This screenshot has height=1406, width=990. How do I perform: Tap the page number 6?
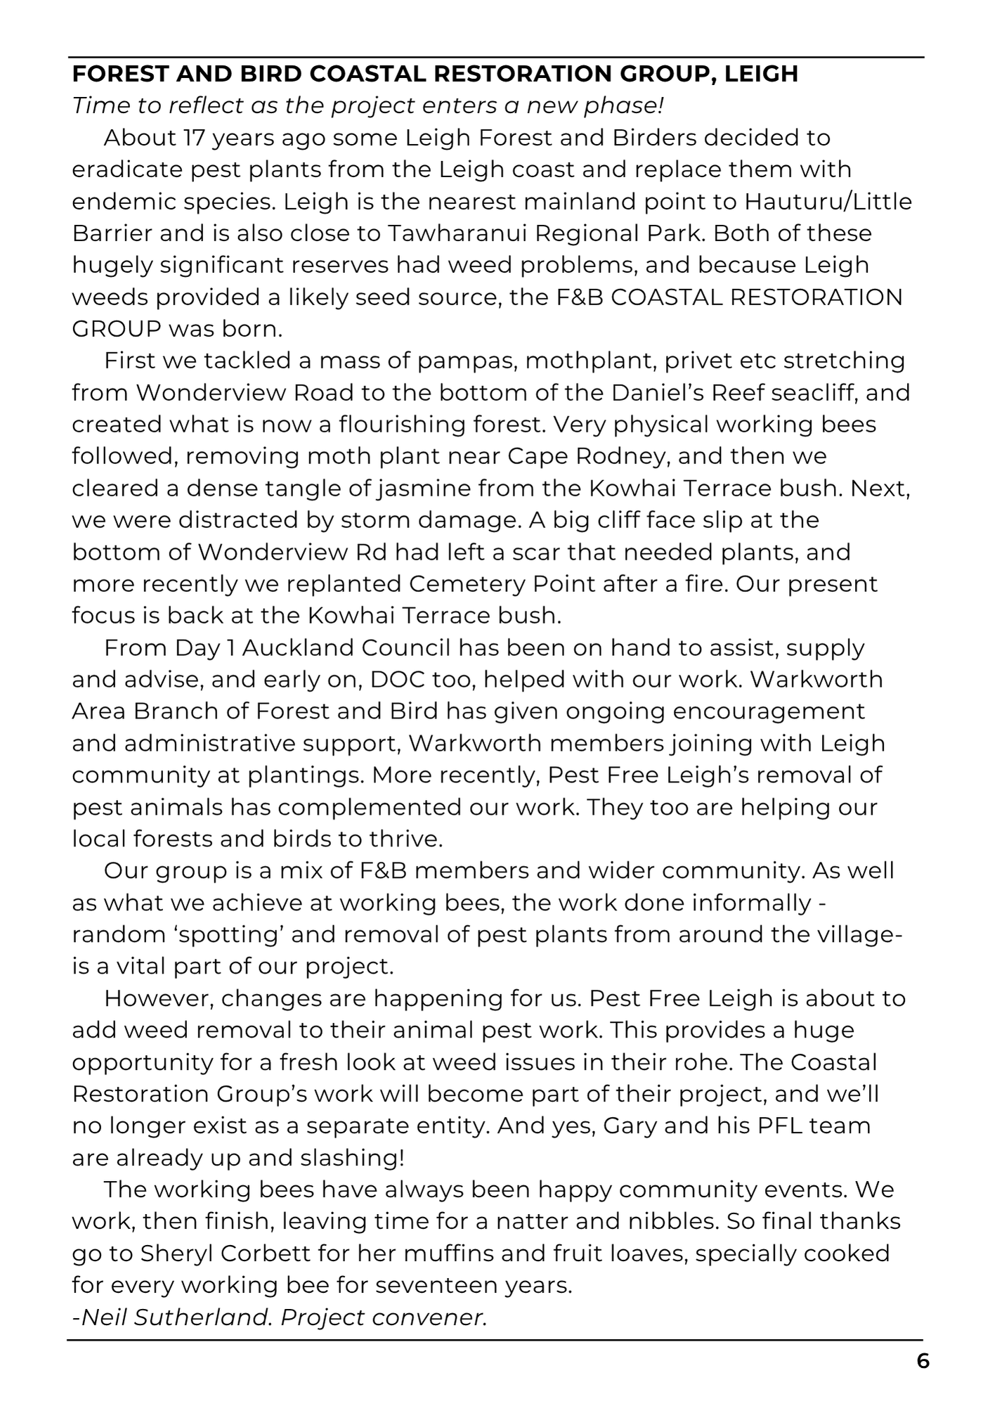(x=923, y=1361)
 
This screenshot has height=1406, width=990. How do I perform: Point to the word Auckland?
(x=294, y=647)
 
